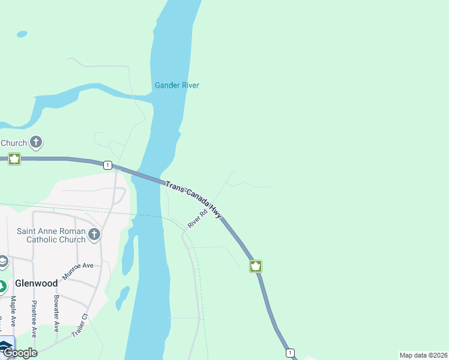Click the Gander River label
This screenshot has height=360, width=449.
(x=176, y=85)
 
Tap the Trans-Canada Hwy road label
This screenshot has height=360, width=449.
(x=194, y=199)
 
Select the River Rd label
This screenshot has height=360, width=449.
(x=197, y=218)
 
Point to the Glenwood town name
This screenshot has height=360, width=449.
(x=37, y=283)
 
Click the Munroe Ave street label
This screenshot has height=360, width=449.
(x=78, y=271)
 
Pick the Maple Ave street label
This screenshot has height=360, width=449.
(x=13, y=311)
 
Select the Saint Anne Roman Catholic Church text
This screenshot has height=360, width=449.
(x=51, y=235)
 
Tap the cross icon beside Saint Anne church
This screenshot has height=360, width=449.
(x=94, y=234)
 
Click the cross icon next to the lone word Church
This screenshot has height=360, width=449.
(x=36, y=142)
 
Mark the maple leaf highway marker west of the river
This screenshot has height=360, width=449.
(x=14, y=159)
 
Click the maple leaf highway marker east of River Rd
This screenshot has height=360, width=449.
(x=256, y=266)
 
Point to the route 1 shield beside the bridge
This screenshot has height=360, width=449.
(x=107, y=165)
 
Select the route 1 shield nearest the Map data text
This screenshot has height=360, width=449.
(x=290, y=352)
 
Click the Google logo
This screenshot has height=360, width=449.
(x=20, y=353)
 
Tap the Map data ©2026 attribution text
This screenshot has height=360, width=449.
(x=423, y=355)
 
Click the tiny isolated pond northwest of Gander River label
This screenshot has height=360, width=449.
(x=22, y=34)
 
